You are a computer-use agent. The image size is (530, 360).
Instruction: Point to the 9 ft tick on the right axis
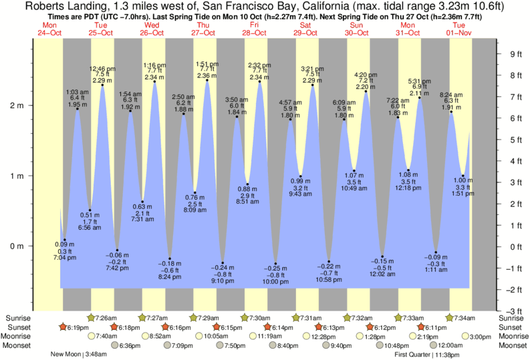pyautogui.click(x=497, y=54)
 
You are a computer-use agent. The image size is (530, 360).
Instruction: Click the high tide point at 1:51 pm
pyautogui.click(x=207, y=81)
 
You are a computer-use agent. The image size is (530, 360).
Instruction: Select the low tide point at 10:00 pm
pyautogui.click(x=275, y=264)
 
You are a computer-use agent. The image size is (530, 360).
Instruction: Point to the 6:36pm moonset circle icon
pyautogui.click(x=114, y=345)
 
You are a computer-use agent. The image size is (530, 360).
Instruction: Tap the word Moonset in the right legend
pyautogui.click(x=513, y=345)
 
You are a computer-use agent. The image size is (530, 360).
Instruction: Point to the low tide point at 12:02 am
pyautogui.click(x=382, y=256)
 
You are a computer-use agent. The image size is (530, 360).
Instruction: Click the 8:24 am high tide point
pyautogui.click(x=451, y=112)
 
